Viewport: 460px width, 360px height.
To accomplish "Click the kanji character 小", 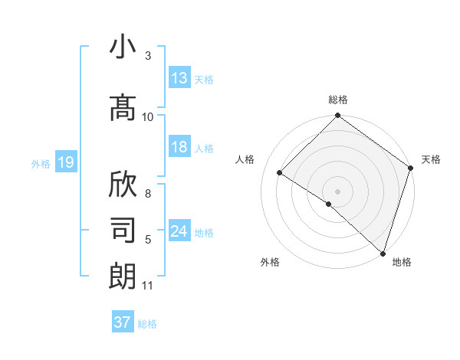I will (x=123, y=48).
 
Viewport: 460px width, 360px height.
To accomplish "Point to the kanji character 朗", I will (x=123, y=276).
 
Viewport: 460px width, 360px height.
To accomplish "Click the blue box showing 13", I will (x=179, y=78).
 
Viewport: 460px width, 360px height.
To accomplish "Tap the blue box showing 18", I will (x=179, y=147).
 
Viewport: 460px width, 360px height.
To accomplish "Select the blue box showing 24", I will (x=179, y=231).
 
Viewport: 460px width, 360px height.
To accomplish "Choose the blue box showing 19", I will (x=65, y=162).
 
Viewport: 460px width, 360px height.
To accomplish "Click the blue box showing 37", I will (x=123, y=322).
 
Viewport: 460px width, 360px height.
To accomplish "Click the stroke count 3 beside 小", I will (x=148, y=57).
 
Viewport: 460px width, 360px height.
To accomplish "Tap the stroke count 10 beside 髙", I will (x=148, y=116).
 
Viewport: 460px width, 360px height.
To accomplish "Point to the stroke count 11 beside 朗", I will (x=148, y=286).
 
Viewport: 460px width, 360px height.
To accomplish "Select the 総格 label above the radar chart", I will (x=338, y=100).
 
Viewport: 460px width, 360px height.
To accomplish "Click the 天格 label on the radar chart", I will (x=431, y=159).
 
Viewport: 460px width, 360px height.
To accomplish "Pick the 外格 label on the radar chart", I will (x=270, y=262).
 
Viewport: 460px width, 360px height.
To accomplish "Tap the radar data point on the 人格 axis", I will (x=280, y=173).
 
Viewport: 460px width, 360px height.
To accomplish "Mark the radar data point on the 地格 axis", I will (x=383, y=252).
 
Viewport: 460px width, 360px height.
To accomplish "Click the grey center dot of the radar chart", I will (x=337, y=191).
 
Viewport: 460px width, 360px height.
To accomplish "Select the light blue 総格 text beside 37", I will (x=147, y=324).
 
